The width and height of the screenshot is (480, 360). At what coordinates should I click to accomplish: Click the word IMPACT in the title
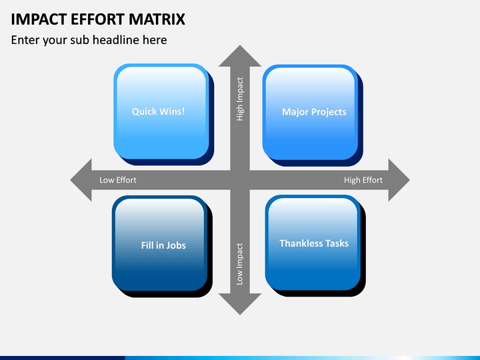(39, 19)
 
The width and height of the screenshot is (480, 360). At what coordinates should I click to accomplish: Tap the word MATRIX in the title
(157, 19)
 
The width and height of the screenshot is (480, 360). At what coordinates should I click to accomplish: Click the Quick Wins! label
(158, 111)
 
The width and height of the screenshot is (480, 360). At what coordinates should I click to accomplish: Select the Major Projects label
(314, 112)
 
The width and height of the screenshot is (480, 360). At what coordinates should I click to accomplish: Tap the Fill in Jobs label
(163, 245)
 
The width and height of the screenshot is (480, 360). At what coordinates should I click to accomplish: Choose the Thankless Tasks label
(314, 243)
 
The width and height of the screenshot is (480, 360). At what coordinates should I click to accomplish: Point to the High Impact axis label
(240, 99)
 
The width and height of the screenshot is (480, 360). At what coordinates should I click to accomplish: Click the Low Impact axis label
(239, 264)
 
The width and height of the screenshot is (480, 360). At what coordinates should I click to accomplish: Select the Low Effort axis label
(118, 180)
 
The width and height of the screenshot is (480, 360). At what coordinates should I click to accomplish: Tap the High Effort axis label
(363, 180)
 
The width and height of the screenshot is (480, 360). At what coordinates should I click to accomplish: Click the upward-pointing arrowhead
(240, 56)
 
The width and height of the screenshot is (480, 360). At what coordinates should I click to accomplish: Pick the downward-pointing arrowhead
(240, 304)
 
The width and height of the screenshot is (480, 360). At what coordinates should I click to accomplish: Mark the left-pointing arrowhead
(81, 180)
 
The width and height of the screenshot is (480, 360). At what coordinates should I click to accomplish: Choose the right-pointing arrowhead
(399, 180)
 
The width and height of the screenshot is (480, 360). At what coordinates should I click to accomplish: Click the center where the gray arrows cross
(240, 180)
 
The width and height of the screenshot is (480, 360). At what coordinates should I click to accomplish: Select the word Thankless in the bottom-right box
(301, 243)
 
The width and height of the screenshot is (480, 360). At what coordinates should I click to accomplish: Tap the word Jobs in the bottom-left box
(176, 245)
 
